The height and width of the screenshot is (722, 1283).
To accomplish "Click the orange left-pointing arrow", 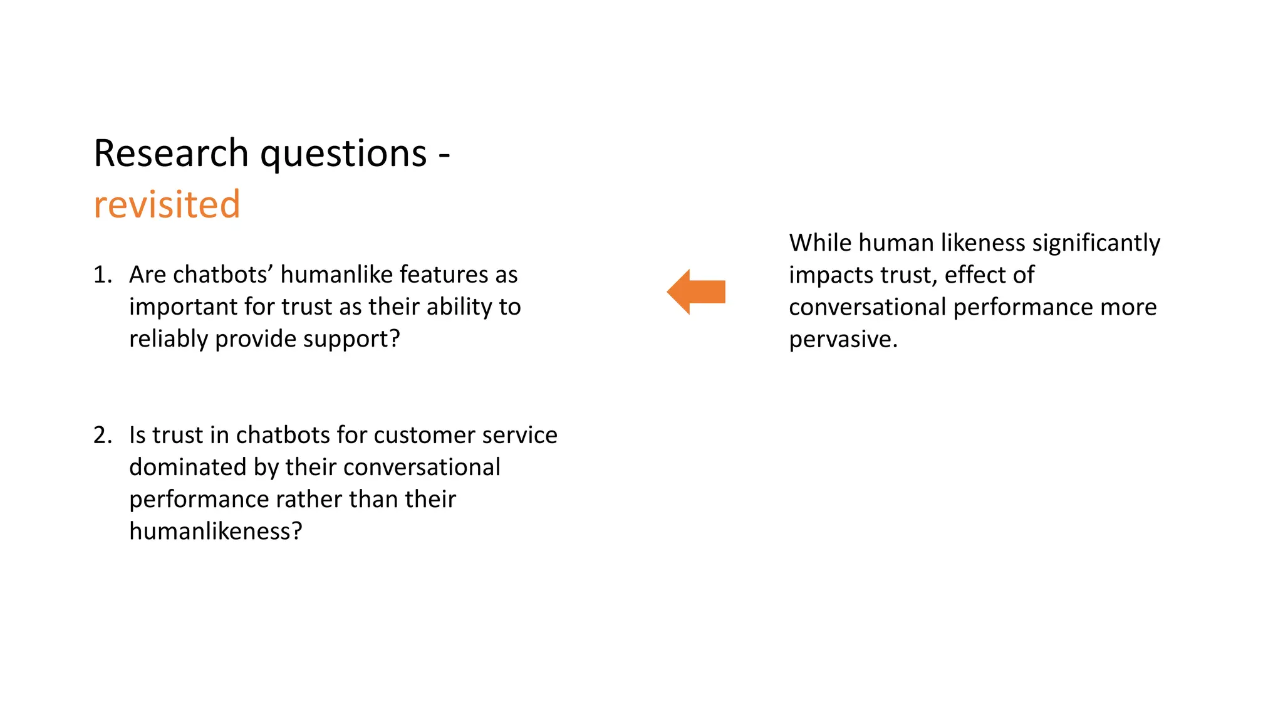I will click(695, 292).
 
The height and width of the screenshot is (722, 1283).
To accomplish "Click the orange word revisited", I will click(167, 204).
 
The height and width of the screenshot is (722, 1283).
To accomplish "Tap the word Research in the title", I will click(171, 153).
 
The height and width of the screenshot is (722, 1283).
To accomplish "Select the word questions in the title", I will click(343, 154).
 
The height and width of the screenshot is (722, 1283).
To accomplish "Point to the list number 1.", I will click(102, 275).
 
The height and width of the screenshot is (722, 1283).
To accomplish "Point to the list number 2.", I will click(102, 435).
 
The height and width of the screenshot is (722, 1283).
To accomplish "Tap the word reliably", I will click(169, 339).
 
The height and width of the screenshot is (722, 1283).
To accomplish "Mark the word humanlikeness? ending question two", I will click(216, 531).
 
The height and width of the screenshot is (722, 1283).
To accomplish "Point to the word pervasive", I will click(843, 339).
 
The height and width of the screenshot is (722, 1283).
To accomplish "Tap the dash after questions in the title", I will click(444, 154).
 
